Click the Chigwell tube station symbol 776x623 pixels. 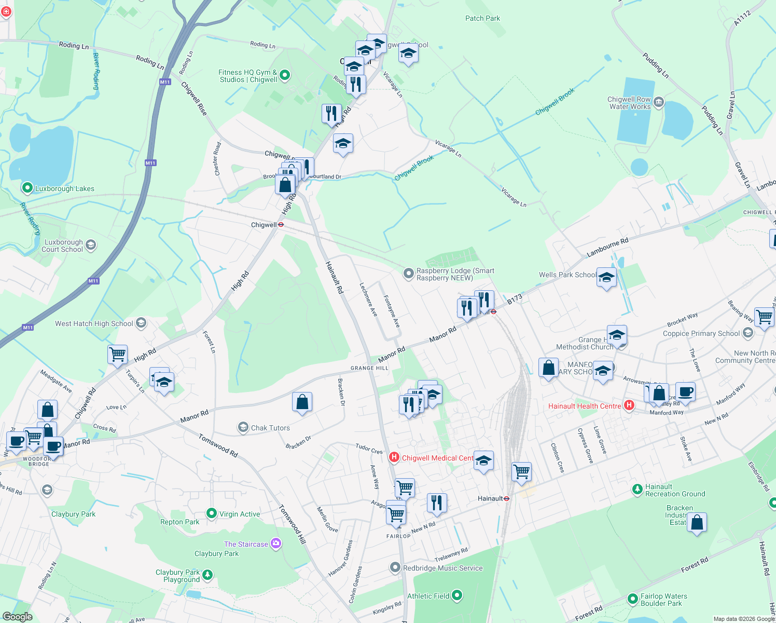(x=281, y=225)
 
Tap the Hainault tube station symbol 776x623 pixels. (x=507, y=498)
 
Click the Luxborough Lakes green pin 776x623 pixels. (x=27, y=188)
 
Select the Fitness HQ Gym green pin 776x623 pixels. (x=285, y=76)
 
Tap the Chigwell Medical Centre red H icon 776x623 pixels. (x=394, y=457)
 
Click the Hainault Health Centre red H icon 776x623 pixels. (x=629, y=405)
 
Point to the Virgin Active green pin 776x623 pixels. (x=211, y=513)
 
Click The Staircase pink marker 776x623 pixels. (x=276, y=544)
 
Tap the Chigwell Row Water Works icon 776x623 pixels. (x=659, y=102)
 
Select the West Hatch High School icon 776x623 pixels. (x=141, y=323)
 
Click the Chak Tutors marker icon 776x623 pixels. (x=243, y=427)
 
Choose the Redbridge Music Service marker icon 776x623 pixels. (x=395, y=567)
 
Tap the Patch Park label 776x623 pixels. (x=482, y=18)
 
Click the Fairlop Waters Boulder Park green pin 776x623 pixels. (x=632, y=599)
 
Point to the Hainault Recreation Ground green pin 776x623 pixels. (x=637, y=489)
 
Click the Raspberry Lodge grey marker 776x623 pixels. (x=409, y=273)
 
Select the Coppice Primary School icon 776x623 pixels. (x=747, y=333)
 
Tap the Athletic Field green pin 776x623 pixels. (x=457, y=595)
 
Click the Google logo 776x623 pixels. (x=18, y=617)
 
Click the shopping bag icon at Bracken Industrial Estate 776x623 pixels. (x=697, y=522)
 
